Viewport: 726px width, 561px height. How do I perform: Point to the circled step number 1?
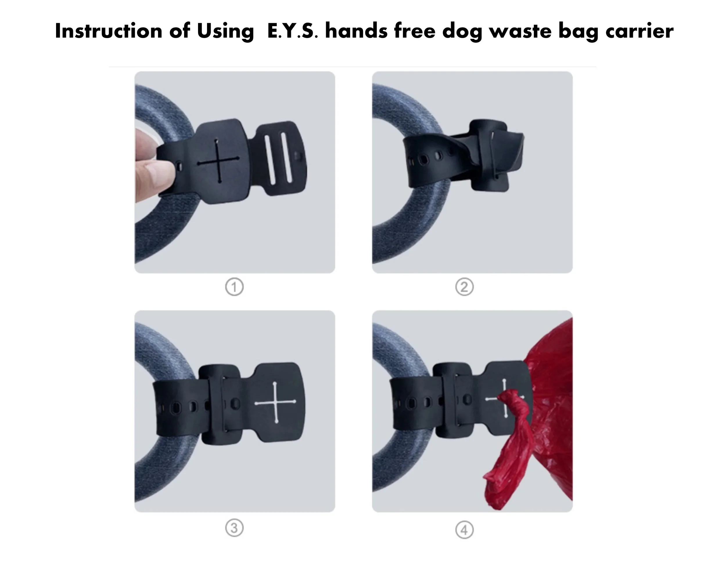coord(234,287)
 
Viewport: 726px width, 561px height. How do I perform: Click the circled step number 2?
coord(464,287)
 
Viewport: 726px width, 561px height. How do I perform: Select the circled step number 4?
coord(464,530)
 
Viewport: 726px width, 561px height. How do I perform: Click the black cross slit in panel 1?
coord(218,161)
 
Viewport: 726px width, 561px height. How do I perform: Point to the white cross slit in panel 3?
coord(275,402)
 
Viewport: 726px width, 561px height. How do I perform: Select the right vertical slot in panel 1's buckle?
coord(286,158)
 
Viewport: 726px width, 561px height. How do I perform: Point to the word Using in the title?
coord(225,32)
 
